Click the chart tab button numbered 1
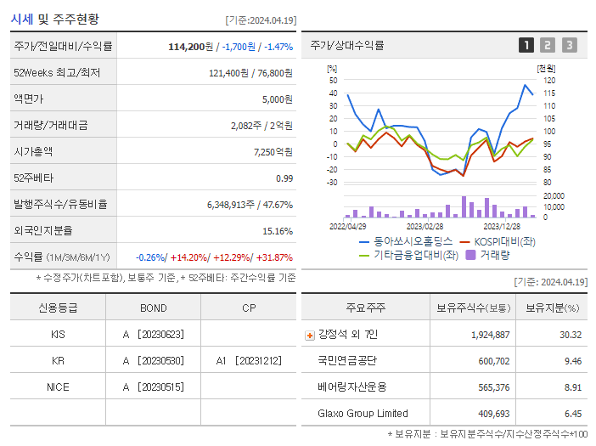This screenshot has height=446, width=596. click(526, 45)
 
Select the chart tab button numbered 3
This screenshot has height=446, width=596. click(570, 45)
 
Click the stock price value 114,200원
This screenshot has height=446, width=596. click(191, 47)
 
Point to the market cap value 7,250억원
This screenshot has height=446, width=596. click(273, 152)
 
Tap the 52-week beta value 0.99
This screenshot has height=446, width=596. click(284, 178)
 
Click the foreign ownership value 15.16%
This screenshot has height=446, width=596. click(278, 231)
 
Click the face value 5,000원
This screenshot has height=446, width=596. click(277, 99)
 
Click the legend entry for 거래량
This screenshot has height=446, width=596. click(487, 254)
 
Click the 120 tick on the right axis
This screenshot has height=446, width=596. click(548, 80)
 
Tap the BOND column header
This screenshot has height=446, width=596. click(154, 308)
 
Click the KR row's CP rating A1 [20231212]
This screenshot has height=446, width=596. click(249, 361)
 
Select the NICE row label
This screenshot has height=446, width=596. click(58, 387)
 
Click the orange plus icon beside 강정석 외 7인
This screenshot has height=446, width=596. click(310, 336)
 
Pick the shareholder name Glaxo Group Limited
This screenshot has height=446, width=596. click(363, 414)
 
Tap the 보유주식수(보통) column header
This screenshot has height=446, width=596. click(474, 308)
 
